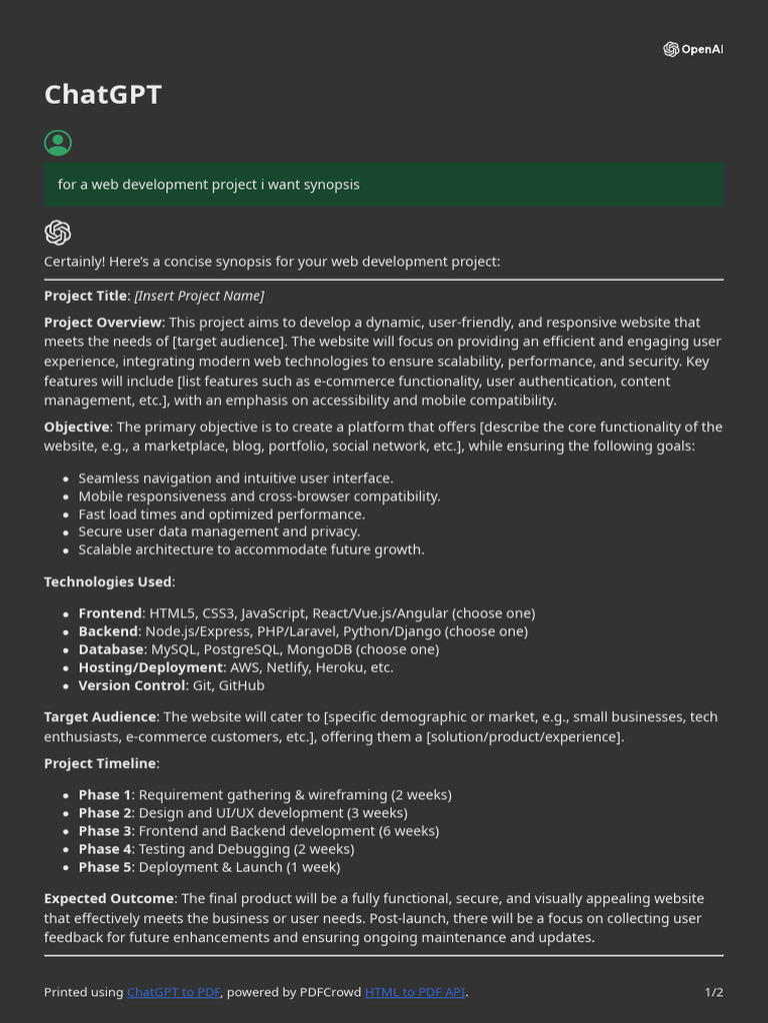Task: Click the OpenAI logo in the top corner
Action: [x=692, y=49]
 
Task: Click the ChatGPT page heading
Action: [x=102, y=95]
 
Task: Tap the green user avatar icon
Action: [x=58, y=143]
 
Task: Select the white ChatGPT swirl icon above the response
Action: [x=58, y=233]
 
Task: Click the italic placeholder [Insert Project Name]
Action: [x=199, y=296]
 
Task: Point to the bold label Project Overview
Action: [x=102, y=323]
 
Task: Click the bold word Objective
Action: [x=76, y=427]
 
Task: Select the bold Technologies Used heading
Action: [x=108, y=581]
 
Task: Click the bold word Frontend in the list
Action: [x=110, y=613]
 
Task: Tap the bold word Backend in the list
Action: [x=108, y=631]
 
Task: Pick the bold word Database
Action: [x=111, y=649]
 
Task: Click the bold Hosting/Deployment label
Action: [x=150, y=667]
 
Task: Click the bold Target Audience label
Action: [x=99, y=717]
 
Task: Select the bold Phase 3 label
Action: [x=105, y=831]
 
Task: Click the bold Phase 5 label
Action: [x=105, y=867]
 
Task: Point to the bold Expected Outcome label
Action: [x=109, y=899]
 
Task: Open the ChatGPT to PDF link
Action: [x=173, y=992]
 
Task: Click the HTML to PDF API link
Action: [x=415, y=992]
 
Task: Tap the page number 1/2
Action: [x=713, y=992]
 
